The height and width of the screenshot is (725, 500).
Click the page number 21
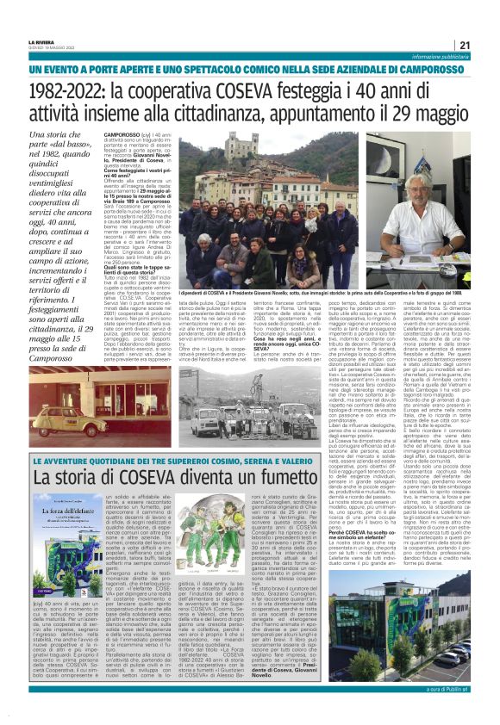click(x=464, y=45)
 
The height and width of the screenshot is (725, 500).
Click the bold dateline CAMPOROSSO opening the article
click(x=123, y=135)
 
